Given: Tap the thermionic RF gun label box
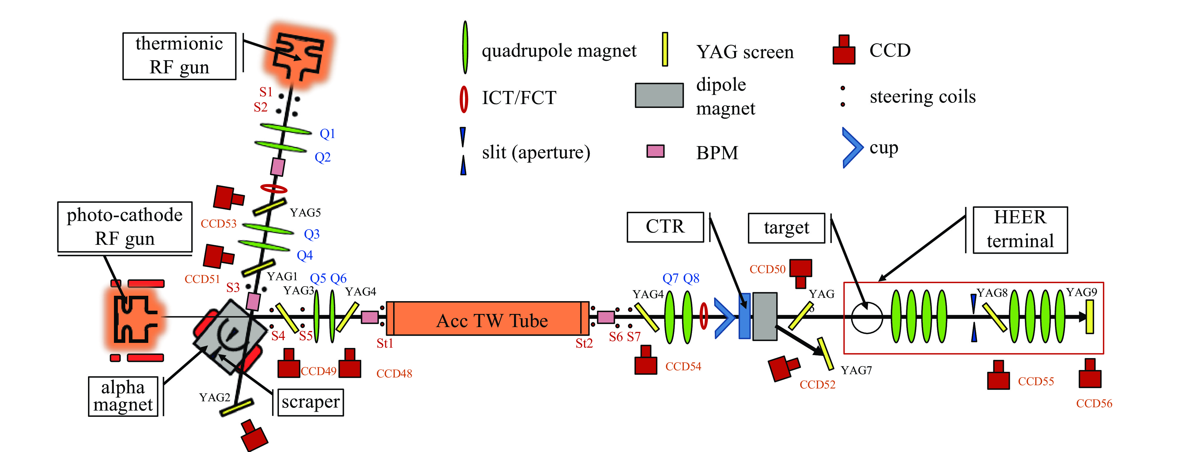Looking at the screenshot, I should [179, 56].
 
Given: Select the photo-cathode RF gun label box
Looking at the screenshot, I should [125, 227].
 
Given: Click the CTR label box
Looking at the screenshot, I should [665, 227].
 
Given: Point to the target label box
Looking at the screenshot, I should [786, 228].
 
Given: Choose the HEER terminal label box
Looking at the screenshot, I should [1020, 230].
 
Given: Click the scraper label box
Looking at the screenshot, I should [310, 402].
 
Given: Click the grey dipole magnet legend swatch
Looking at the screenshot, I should [659, 95].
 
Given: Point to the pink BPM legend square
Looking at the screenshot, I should [655, 151].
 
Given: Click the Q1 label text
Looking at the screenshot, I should [328, 134].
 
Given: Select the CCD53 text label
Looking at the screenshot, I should [219, 224].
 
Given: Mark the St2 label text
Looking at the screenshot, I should [584, 344].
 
